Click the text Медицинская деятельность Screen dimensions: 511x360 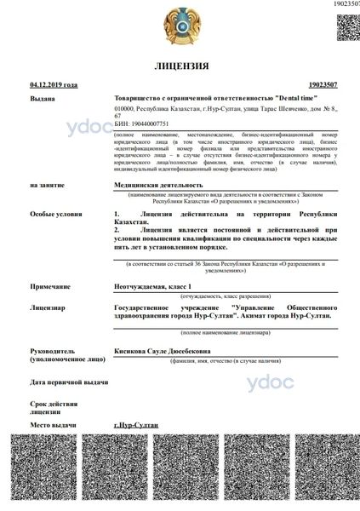[159, 184]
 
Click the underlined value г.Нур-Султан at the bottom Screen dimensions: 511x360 [135, 423]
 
